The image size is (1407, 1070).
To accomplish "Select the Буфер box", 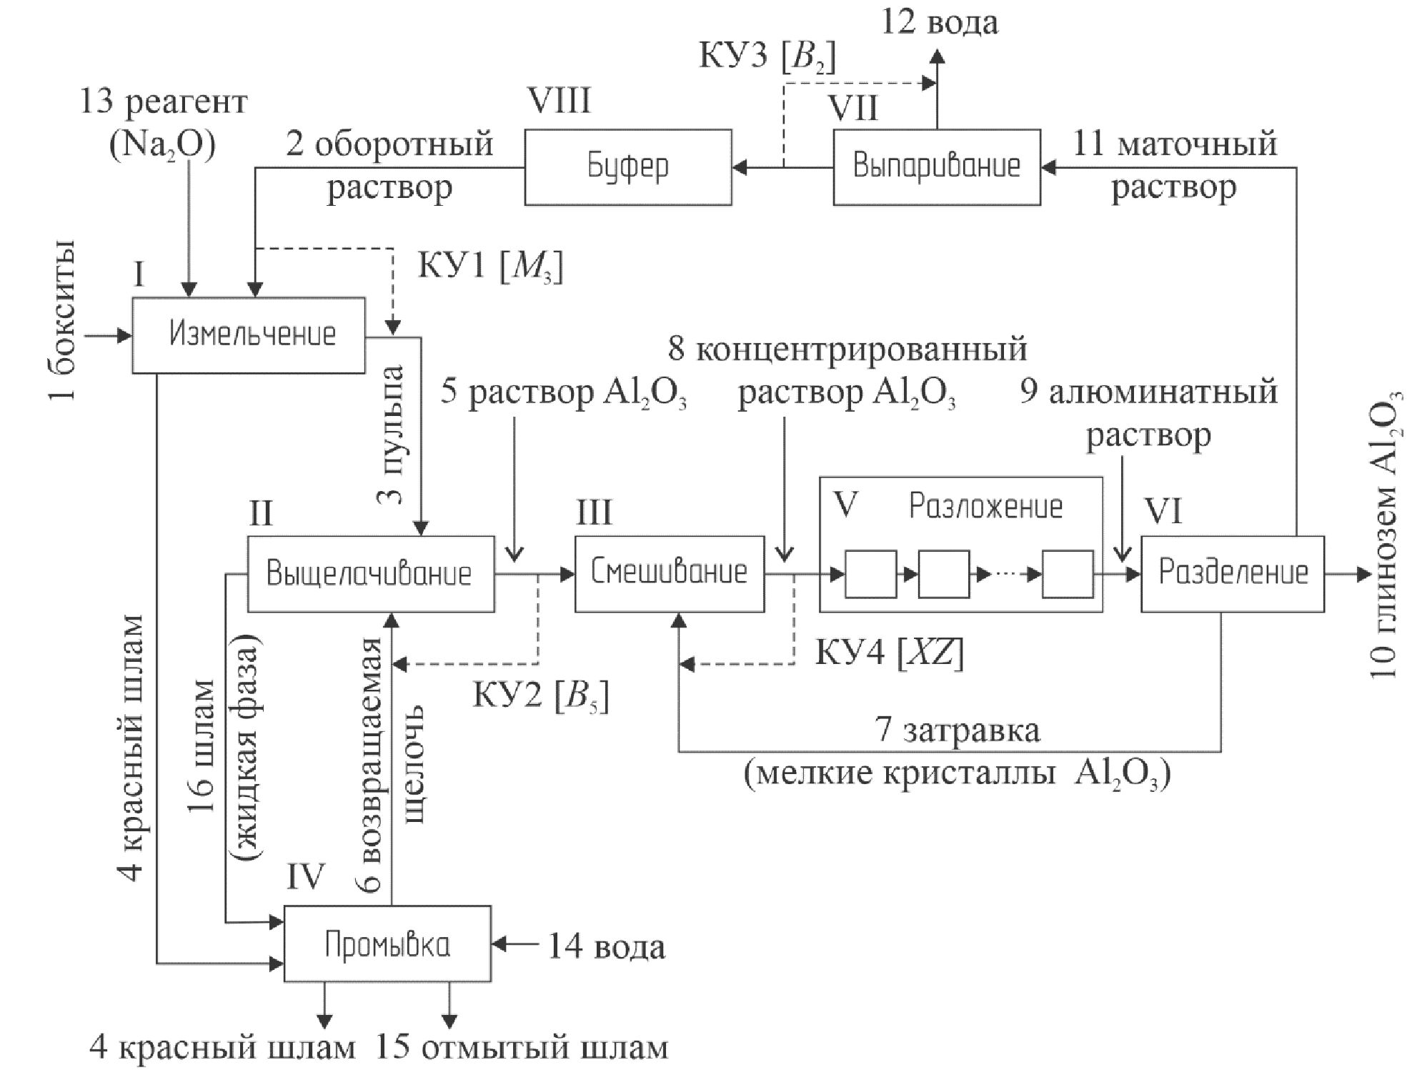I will (627, 167).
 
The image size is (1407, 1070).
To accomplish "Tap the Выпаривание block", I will (936, 167).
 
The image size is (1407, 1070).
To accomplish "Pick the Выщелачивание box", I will (370, 573).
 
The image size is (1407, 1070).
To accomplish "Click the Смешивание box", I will (669, 573).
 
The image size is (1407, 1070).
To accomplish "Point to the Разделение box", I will (1232, 573).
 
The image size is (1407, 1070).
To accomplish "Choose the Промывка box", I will (387, 943).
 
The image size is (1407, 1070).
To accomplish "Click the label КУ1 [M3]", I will (489, 267).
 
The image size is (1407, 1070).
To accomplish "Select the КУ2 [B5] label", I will (540, 695).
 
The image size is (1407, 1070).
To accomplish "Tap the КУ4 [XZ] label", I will (889, 653).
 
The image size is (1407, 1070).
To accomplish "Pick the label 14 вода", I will (606, 946).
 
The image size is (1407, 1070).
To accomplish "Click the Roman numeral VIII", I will (559, 101).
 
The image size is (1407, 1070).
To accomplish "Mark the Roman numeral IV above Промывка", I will (305, 876).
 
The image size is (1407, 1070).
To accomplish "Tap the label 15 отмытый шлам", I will (522, 1048).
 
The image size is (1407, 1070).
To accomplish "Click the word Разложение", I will (985, 506).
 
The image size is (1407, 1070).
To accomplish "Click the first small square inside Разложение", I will (870, 573).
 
